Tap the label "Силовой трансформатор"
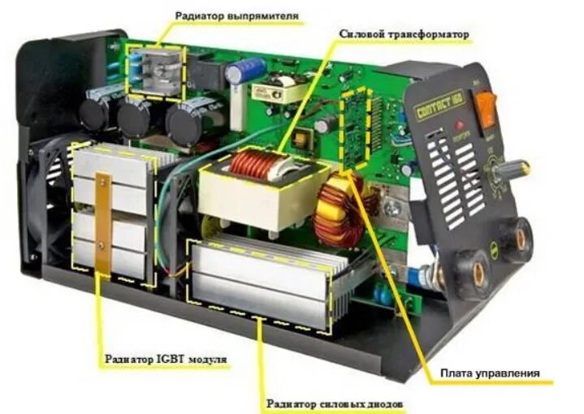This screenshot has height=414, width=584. point(405,33)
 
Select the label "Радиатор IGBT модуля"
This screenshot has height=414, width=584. point(165,358)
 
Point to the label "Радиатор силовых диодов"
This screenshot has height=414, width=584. point(335,403)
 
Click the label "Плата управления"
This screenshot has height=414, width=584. point(490,373)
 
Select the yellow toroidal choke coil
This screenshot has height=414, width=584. point(340,209)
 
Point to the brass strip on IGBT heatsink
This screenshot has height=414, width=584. point(103,224)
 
